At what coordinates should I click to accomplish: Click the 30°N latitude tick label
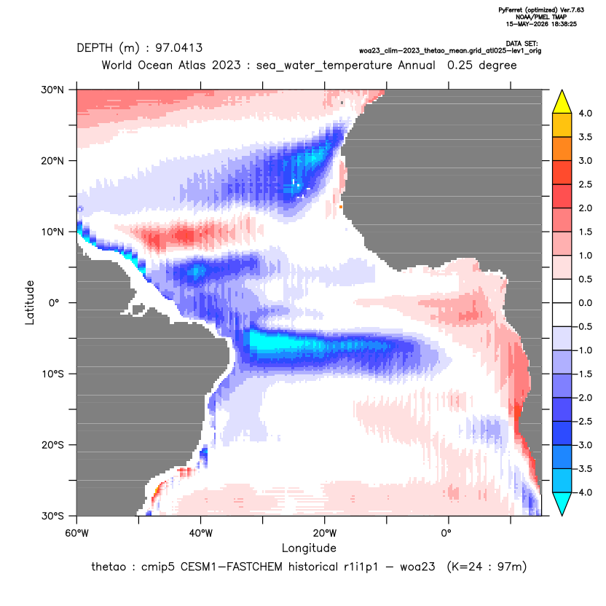[x=52, y=90]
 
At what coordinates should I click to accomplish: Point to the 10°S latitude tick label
[x=52, y=374]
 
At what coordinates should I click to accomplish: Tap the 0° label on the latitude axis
[x=54, y=303]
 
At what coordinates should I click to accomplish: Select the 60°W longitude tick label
[x=76, y=533]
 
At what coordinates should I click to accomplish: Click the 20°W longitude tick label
[x=325, y=533]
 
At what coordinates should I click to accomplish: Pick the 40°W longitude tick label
[x=200, y=533]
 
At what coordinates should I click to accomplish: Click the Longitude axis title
[x=309, y=548]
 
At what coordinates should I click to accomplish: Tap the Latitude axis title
[x=30, y=302]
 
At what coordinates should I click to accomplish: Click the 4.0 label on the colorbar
[x=585, y=113]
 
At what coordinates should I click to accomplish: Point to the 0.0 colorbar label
[x=585, y=303]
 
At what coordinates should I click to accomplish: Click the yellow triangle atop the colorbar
[x=562, y=102]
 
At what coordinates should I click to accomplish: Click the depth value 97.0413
[x=178, y=48]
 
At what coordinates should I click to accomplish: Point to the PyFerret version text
[x=541, y=10]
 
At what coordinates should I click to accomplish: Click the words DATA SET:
[x=522, y=44]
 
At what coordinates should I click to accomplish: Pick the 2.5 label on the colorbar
[x=585, y=184]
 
